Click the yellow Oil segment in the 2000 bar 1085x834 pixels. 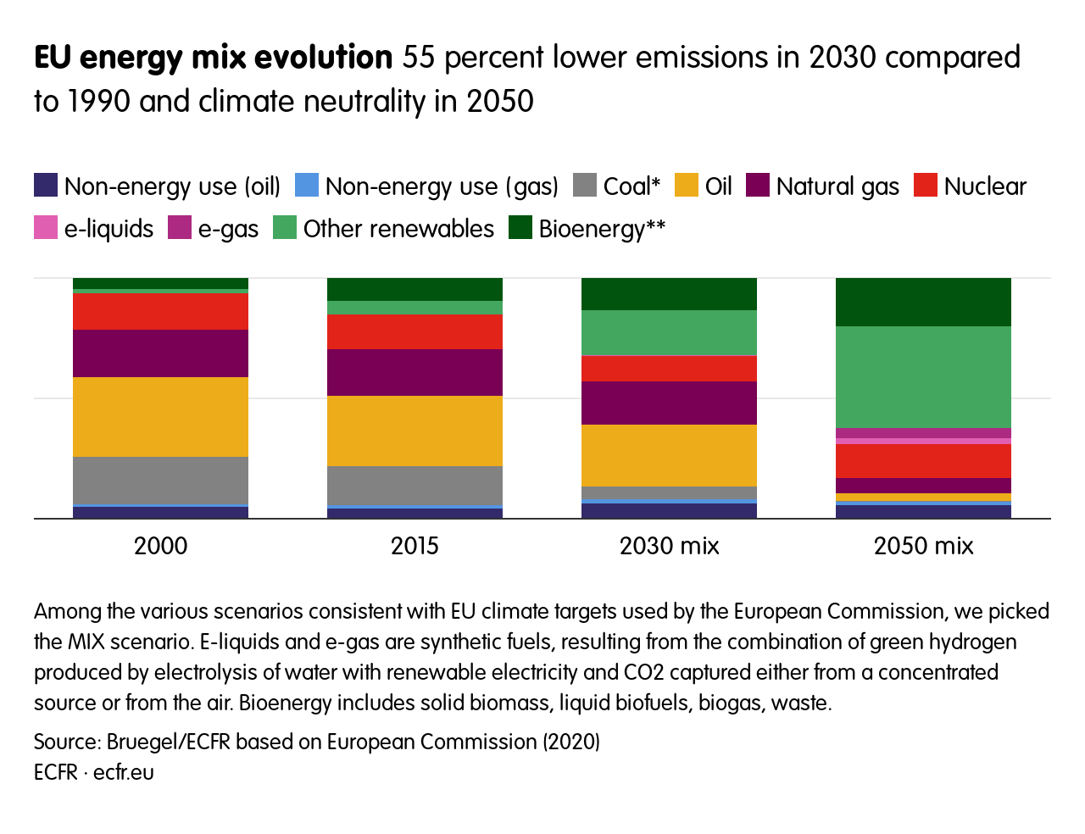160,417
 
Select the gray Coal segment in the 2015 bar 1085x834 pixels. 415,485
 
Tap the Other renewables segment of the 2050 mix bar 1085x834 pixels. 923,377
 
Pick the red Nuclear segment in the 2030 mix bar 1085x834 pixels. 669,368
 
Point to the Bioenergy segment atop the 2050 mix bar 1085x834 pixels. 923,302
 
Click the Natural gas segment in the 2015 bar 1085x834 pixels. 415,372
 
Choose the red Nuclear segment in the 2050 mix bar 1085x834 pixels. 923,461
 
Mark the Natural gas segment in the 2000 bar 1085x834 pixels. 160,353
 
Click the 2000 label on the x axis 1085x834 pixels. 160,546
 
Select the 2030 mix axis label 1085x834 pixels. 669,546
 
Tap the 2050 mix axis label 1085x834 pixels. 923,546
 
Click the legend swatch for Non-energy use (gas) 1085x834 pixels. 307,186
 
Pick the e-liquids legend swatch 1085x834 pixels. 46,228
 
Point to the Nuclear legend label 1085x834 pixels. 985,186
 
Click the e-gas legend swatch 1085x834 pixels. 180,228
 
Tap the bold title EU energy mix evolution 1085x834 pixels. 213,58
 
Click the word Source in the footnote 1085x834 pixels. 64,742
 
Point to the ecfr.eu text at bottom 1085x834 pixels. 124,773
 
